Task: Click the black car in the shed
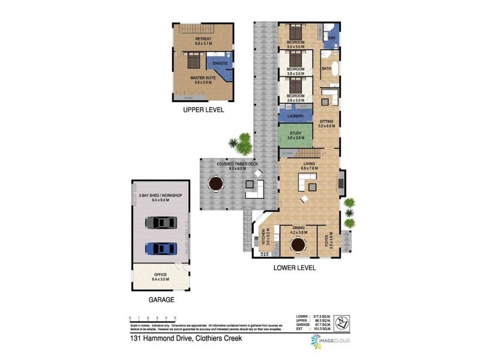point(161,223)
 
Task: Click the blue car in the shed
point(161,248)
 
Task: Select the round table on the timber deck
point(214,184)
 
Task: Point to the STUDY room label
point(295,133)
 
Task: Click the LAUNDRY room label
point(295,116)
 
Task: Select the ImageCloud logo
point(330,340)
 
